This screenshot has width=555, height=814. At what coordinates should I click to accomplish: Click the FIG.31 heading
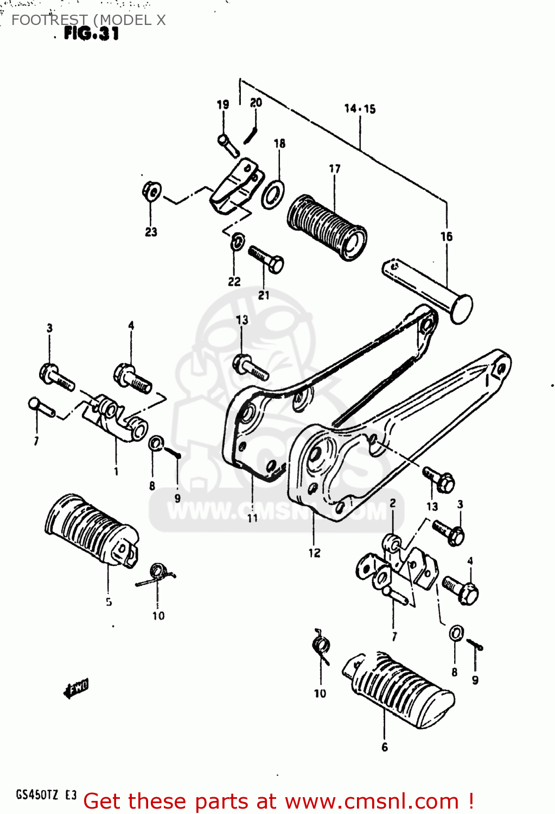(91, 34)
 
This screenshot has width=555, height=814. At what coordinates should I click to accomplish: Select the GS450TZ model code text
(37, 795)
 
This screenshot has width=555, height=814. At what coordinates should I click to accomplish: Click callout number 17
(335, 169)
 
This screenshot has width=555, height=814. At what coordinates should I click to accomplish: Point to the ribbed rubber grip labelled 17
(327, 227)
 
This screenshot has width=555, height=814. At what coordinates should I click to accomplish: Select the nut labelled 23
(151, 191)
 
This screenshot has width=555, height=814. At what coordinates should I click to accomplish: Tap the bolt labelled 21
(266, 260)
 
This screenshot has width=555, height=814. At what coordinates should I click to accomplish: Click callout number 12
(315, 553)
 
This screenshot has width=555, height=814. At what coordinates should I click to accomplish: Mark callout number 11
(253, 518)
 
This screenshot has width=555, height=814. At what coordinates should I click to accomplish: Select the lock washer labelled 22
(237, 242)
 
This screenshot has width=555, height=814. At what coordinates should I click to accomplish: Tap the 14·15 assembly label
(360, 109)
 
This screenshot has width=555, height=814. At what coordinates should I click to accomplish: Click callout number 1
(116, 471)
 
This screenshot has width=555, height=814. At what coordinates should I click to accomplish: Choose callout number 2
(392, 503)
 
